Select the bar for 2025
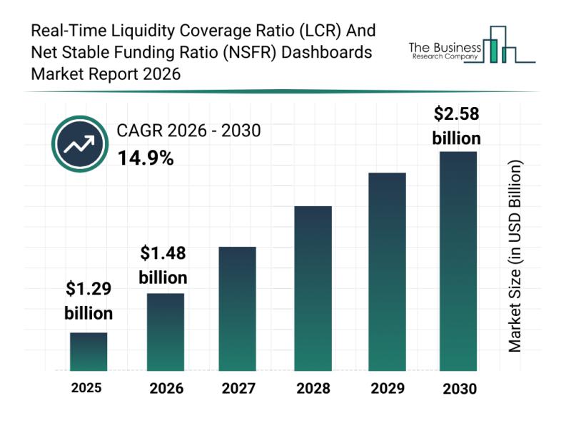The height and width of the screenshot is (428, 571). pyautogui.click(x=89, y=352)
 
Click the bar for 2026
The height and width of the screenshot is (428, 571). pyautogui.click(x=166, y=332)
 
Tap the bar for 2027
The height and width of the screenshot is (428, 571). pyautogui.click(x=237, y=308)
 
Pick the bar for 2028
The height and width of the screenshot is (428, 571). pyautogui.click(x=313, y=288)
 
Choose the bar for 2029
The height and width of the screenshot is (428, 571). pyautogui.click(x=387, y=272)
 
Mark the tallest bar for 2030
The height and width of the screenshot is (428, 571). pyautogui.click(x=458, y=261)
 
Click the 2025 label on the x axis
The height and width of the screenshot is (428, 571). pyautogui.click(x=86, y=388)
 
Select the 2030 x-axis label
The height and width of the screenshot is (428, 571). pyautogui.click(x=458, y=389)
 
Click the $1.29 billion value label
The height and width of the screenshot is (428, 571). pyautogui.click(x=89, y=301)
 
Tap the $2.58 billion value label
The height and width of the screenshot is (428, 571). pyautogui.click(x=457, y=126)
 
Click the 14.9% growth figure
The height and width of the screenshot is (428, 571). pyautogui.click(x=146, y=158)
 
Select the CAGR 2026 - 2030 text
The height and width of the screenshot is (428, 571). pyautogui.click(x=189, y=131)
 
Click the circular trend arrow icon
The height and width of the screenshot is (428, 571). pyautogui.click(x=80, y=144)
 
